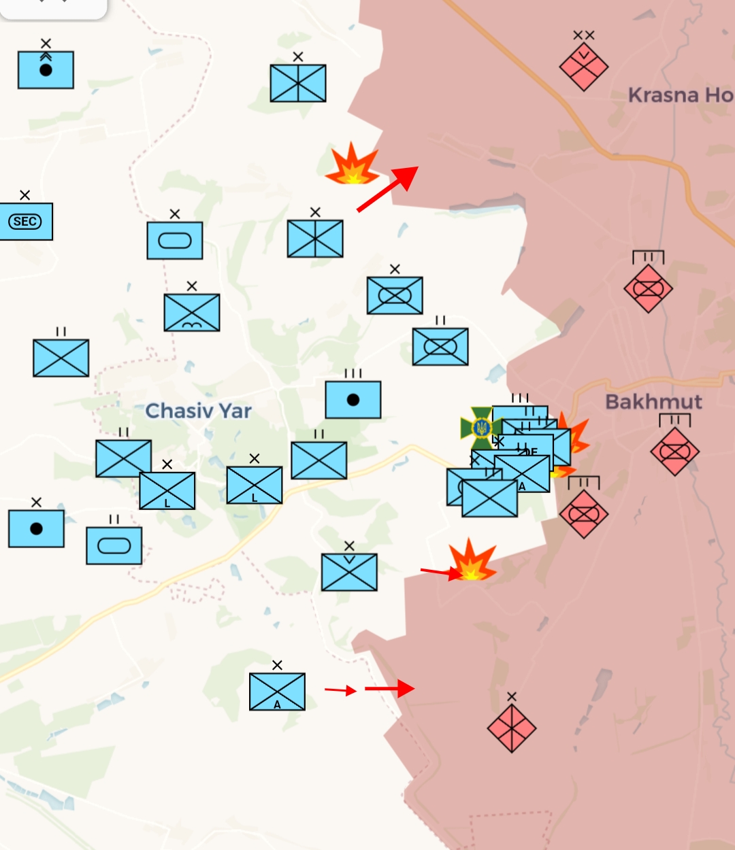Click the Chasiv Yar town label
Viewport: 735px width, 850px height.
pos(198,411)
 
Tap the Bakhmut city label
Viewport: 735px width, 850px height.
pos(653,401)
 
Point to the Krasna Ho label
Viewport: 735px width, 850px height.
pos(680,95)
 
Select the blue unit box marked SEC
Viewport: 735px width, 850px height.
pos(26,222)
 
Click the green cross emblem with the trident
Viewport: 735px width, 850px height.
pos(481,428)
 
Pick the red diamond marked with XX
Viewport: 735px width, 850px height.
pos(583,67)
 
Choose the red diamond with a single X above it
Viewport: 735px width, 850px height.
pos(512,728)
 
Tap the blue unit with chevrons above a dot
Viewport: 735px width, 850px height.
pos(46,70)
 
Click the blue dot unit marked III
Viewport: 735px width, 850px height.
pos(353,400)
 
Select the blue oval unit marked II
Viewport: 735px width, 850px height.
pos(114,545)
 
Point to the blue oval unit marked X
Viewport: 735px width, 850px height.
pos(175,240)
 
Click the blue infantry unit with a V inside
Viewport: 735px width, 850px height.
pos(349,572)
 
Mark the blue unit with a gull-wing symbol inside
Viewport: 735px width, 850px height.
pos(192,312)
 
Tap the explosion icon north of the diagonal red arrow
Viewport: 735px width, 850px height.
pos(352,165)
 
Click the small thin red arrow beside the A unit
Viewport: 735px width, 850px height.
pos(340,690)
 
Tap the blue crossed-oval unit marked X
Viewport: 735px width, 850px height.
pos(395,295)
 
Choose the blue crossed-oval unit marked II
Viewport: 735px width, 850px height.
pos(440,347)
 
